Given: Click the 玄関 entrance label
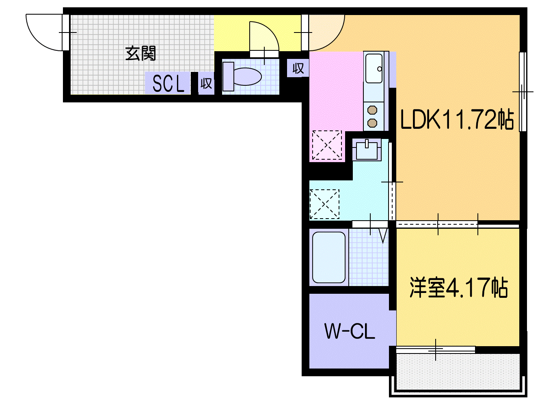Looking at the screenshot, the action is point(140,53).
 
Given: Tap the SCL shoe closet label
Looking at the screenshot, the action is point(168,84).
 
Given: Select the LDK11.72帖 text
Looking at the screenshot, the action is point(457,119).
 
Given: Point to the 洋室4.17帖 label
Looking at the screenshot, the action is point(459,288).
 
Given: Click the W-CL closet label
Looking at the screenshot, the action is point(350,331).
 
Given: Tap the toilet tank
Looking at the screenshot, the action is point(228,77).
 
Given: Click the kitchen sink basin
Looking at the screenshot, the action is point(374,68).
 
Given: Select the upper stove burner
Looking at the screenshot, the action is point(372,110).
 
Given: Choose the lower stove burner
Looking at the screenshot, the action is point(372,123).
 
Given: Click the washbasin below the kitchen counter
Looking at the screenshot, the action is point(367,150).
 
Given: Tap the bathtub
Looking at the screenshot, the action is point(329,257).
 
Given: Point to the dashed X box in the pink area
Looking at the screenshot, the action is point(327,145).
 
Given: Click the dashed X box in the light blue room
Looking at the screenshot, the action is point(324,204).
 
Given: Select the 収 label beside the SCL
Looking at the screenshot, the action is point(206,83).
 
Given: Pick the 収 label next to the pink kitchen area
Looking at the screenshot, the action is point(298,68).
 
